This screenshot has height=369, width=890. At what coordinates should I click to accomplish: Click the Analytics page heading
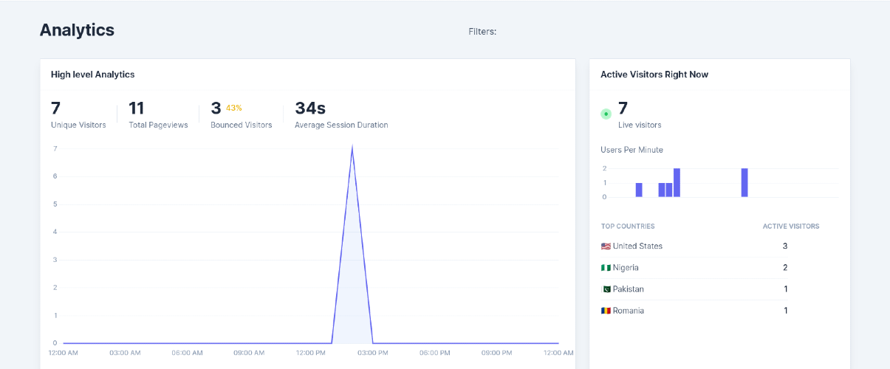click(77, 30)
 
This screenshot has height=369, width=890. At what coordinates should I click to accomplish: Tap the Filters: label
click(482, 32)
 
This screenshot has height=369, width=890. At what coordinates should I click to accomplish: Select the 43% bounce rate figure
click(234, 108)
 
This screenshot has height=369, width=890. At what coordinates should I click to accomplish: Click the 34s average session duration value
click(310, 108)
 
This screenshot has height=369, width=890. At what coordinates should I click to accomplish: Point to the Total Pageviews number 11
click(137, 108)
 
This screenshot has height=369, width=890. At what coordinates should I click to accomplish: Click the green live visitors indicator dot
click(606, 114)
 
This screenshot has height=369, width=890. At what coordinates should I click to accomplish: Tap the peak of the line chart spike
click(352, 146)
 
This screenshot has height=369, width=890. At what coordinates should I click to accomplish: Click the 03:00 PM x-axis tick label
click(373, 353)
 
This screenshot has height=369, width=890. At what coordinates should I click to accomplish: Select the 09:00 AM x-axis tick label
click(249, 353)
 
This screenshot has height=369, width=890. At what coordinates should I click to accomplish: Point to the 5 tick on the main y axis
click(55, 204)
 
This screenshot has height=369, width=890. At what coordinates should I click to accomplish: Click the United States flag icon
click(606, 246)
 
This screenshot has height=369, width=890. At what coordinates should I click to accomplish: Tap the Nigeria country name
click(626, 268)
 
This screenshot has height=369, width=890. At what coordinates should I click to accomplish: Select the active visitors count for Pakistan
click(786, 289)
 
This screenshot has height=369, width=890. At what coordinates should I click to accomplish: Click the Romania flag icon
click(606, 311)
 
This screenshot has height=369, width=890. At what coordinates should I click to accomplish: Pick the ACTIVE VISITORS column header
click(791, 227)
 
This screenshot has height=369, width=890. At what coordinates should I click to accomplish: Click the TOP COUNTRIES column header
click(628, 227)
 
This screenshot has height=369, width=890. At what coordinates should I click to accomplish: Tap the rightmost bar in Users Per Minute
click(744, 183)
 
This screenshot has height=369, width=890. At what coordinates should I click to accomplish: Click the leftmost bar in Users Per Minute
click(639, 190)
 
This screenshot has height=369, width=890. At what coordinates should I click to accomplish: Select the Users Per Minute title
click(631, 150)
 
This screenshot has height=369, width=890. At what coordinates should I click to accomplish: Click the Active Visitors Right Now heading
click(654, 75)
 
